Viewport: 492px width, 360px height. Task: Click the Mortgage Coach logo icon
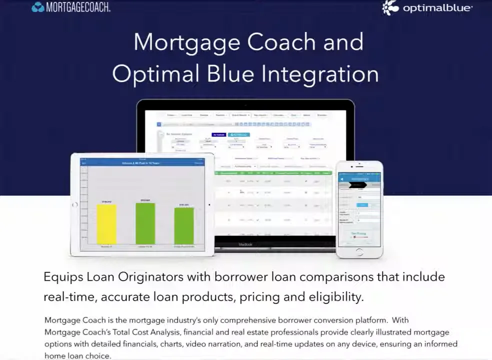coord(37,7)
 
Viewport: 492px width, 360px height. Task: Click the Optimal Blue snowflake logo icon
coord(391,7)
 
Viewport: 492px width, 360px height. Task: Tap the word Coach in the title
coord(281,42)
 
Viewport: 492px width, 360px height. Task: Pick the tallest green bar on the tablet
coord(145,223)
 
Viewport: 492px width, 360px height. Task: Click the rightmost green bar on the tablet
coord(184,225)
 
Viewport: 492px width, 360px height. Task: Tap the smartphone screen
coord(359,210)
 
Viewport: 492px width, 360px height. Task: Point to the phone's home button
coord(359,252)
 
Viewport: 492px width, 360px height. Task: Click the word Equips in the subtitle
coord(63,277)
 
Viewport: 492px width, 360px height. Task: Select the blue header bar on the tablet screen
coord(142,163)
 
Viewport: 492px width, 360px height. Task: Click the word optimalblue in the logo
coord(437,8)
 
